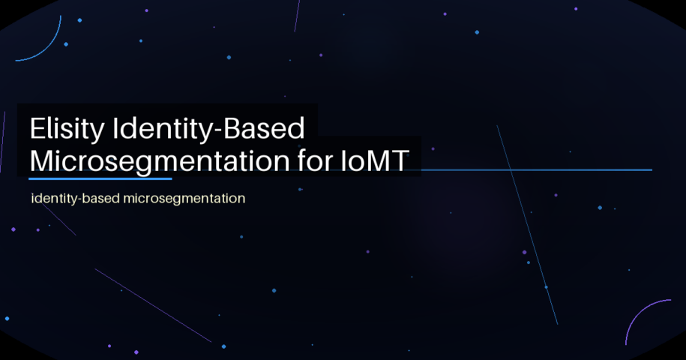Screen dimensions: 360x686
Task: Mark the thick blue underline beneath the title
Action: (100, 178)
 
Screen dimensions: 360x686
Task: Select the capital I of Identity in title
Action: (115, 130)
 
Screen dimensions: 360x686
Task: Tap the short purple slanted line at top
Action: (297, 15)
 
